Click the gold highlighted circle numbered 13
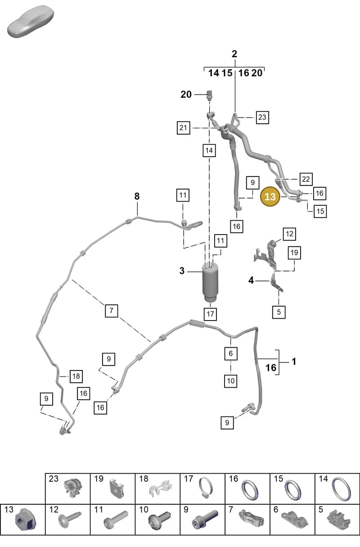click(270, 196)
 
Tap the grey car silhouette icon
click(31, 22)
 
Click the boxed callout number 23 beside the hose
click(262, 117)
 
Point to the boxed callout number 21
click(183, 128)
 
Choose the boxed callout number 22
click(306, 179)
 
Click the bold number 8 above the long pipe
click(137, 196)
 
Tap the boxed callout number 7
click(112, 311)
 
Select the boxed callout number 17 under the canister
click(211, 314)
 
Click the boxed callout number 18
click(76, 376)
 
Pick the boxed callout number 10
click(231, 381)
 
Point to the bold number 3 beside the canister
click(182, 271)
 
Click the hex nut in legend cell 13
click(26, 521)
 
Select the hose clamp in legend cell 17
click(205, 489)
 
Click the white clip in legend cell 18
click(160, 488)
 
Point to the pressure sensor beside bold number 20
click(210, 95)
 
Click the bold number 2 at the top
click(234, 54)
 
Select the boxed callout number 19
click(294, 253)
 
